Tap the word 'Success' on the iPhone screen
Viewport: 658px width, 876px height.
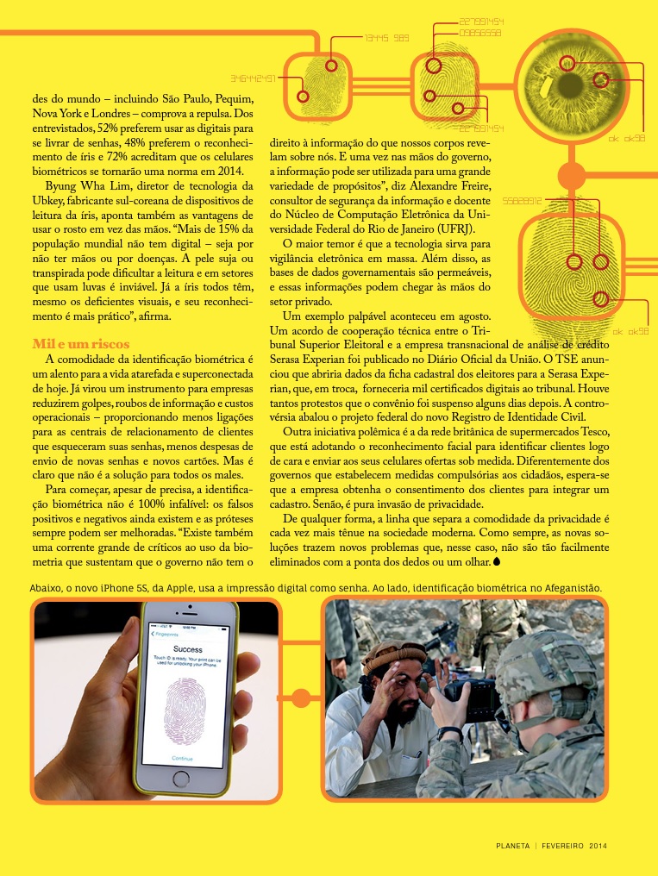click(x=187, y=648)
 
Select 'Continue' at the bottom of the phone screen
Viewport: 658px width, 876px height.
click(x=182, y=758)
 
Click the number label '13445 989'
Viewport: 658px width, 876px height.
click(x=385, y=38)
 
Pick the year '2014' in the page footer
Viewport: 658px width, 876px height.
click(x=598, y=846)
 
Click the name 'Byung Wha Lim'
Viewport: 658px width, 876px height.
click(x=83, y=185)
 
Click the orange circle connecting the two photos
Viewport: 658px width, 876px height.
click(x=301, y=697)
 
